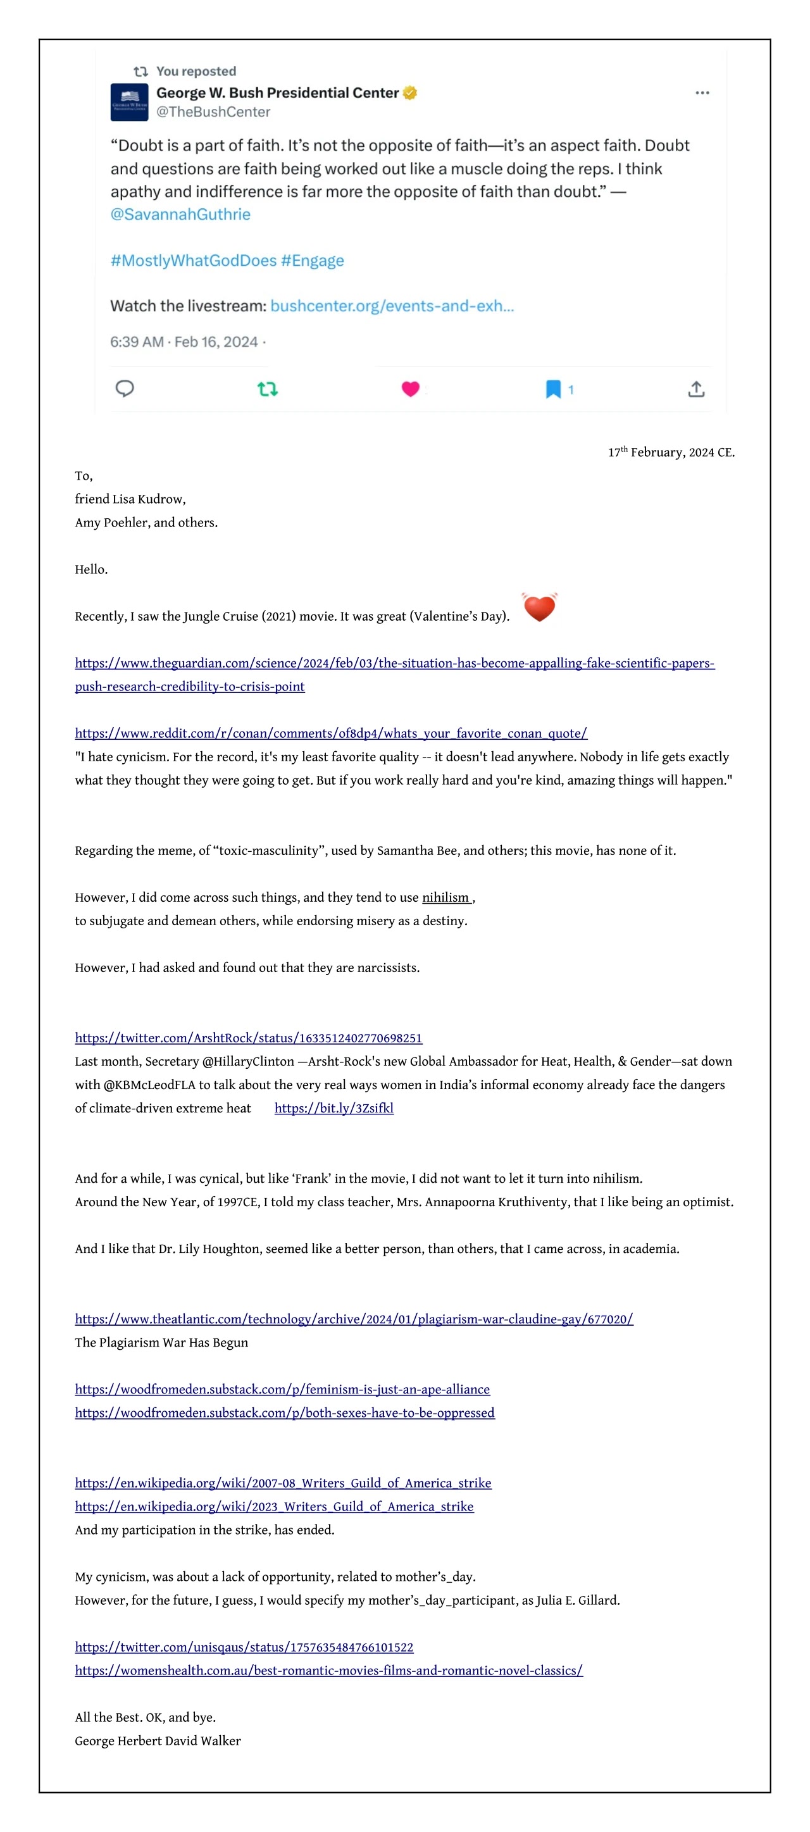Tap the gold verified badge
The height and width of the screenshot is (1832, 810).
409,92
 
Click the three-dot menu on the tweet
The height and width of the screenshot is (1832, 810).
702,92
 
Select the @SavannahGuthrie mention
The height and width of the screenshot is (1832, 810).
180,214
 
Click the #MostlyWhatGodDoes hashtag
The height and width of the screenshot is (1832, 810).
193,260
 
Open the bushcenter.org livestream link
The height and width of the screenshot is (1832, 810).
392,306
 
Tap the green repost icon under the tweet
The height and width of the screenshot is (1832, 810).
268,389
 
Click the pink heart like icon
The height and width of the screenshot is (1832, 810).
410,389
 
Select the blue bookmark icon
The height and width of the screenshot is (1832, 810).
552,389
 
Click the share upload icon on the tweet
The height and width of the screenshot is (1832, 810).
696,389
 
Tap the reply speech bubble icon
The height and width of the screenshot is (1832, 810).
125,389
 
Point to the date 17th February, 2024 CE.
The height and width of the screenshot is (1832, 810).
671,452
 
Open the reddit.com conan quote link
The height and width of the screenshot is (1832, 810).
331,733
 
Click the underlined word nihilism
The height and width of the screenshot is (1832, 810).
446,897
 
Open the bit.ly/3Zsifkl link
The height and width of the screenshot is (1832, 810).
333,1108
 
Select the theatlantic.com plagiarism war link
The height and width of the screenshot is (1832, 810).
354,1319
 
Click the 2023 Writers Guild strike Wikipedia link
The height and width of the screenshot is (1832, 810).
274,1506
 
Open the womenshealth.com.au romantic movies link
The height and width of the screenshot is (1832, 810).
328,1671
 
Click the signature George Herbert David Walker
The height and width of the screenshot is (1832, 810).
158,1741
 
